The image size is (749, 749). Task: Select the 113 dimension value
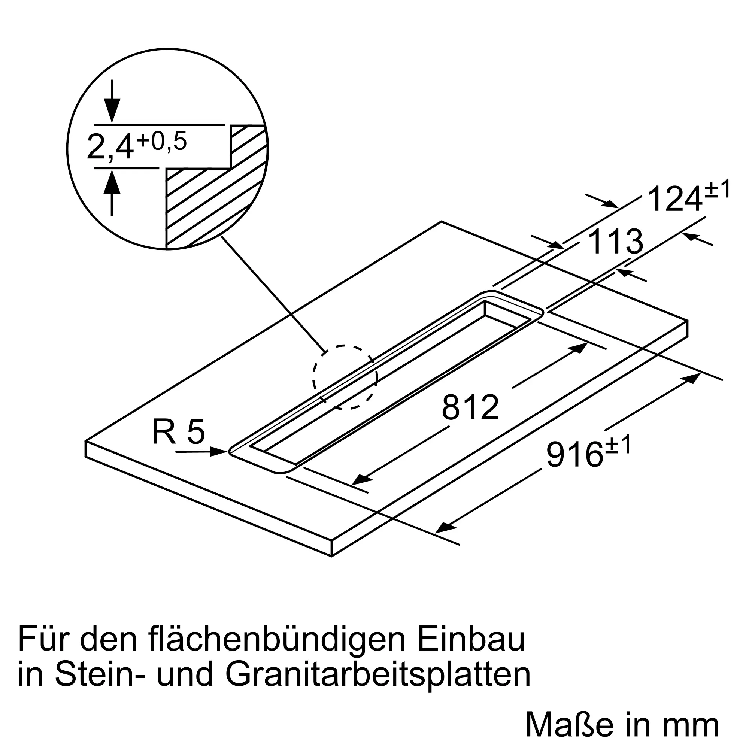click(x=616, y=242)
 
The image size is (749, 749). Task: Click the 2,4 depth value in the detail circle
click(x=110, y=147)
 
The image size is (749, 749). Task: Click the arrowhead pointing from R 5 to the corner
click(x=218, y=451)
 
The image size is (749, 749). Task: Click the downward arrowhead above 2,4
click(x=112, y=111)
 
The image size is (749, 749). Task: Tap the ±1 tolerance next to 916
click(x=617, y=445)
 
